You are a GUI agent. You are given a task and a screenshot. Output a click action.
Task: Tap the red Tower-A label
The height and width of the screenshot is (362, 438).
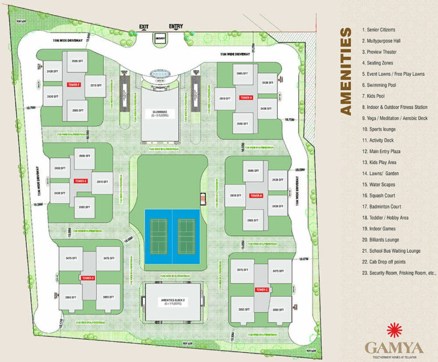246,98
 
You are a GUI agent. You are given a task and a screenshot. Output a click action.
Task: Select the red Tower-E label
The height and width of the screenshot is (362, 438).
80,181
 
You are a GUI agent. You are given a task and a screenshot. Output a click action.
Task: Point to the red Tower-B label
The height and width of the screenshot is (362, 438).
256,195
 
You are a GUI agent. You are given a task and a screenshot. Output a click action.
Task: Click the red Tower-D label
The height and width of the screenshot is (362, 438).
88,278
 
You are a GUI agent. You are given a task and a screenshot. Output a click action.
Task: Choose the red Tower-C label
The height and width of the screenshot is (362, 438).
262,289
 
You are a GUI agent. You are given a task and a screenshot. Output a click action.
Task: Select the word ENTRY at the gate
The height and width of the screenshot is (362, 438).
176,26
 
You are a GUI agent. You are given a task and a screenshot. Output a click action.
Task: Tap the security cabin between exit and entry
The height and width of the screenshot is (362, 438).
160,37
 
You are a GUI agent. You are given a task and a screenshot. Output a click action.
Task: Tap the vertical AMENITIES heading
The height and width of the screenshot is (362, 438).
346,71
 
